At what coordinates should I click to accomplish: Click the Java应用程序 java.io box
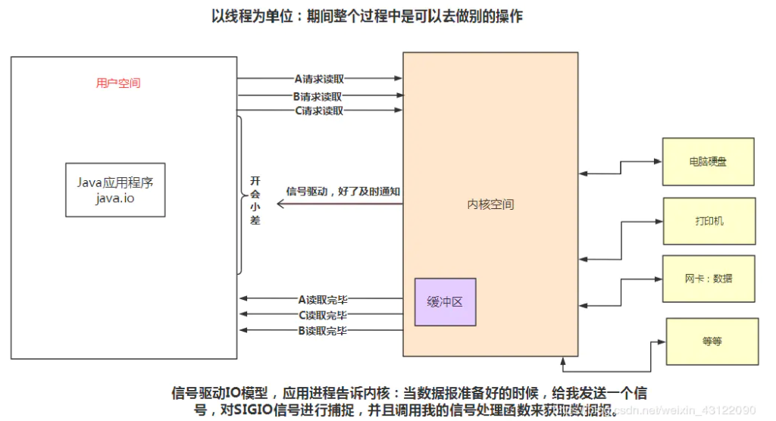[115, 189]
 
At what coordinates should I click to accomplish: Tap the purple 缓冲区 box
[445, 301]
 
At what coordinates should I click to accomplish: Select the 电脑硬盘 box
[708, 161]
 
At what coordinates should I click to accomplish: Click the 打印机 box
[709, 220]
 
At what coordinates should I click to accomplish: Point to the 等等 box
[712, 341]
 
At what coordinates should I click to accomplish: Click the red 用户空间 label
[118, 83]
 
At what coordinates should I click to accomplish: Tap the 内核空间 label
[490, 204]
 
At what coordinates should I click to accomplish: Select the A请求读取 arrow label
[319, 78]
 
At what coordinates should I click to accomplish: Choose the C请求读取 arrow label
[319, 111]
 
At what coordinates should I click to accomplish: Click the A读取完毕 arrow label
[323, 299]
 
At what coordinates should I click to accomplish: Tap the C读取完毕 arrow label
[323, 315]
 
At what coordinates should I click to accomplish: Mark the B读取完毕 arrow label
[323, 330]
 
